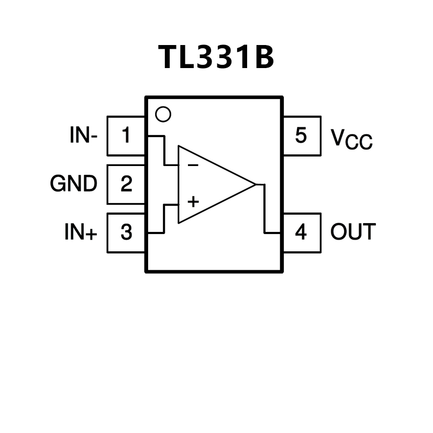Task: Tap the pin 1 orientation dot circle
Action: [x=163, y=114]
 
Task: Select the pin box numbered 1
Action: [x=126, y=136]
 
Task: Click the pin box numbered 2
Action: [x=126, y=184]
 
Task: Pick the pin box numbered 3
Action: [x=126, y=232]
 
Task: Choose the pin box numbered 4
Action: [x=301, y=232]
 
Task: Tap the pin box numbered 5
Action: [x=301, y=136]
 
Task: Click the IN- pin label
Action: [x=83, y=136]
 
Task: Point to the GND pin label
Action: [x=74, y=184]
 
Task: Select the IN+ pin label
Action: [x=81, y=232]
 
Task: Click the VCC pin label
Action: [x=351, y=139]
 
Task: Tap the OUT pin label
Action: [x=353, y=232]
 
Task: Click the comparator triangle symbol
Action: [x=209, y=184]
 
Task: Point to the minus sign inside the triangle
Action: [x=193, y=165]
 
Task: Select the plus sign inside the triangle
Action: [x=193, y=201]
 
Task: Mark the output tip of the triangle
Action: [x=254, y=184]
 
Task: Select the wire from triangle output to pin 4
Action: [x=265, y=209]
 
